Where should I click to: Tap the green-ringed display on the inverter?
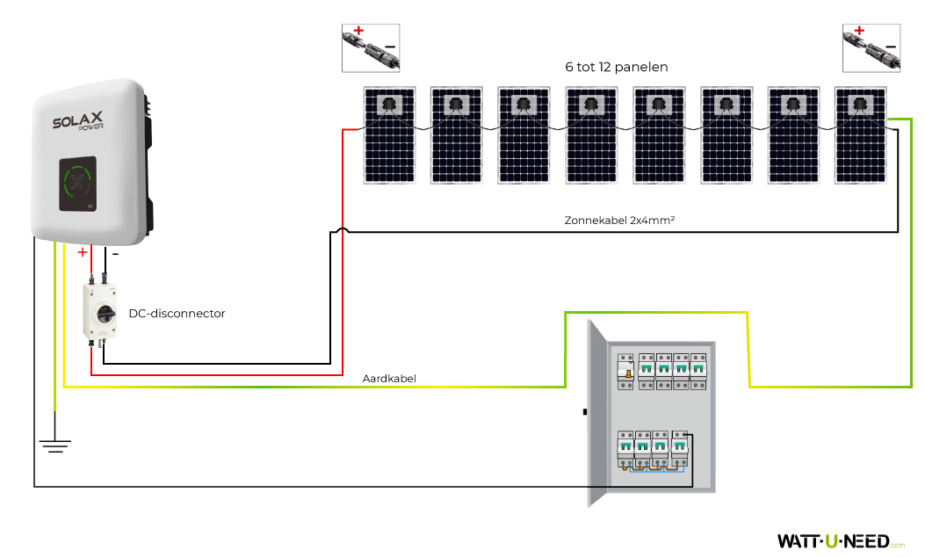pos(78,184)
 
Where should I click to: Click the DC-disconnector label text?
pos(177,314)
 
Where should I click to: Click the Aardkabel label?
pos(389,380)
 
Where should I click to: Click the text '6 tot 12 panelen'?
pos(616,67)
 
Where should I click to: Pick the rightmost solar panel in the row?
pos(860,135)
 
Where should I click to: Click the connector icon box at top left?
pos(370,47)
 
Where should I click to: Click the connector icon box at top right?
pos(871,47)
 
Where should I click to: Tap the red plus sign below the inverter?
pos(83,253)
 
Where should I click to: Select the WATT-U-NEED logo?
pos(834,540)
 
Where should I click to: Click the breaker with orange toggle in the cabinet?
pos(627,373)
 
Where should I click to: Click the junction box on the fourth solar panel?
pos(590,105)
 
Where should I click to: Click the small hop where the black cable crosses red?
pos(341,231)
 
